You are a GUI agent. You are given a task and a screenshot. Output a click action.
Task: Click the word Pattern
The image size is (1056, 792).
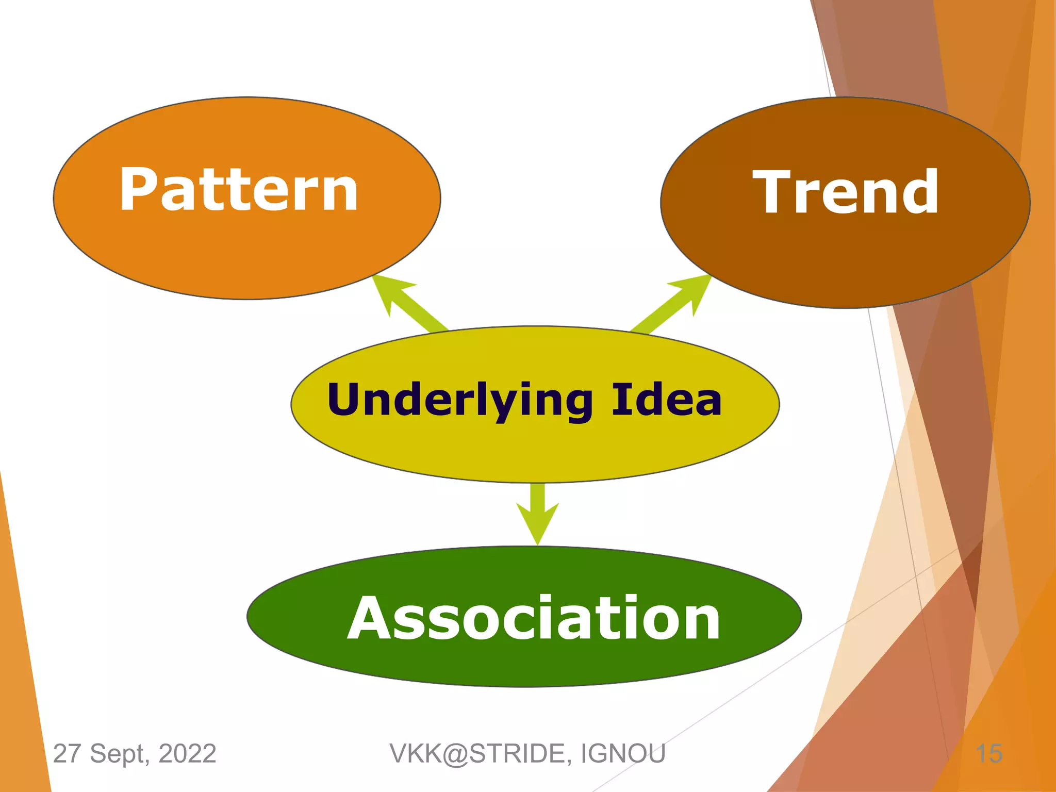pos(239,190)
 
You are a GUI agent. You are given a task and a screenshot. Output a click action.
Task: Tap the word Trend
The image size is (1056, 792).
pos(846,192)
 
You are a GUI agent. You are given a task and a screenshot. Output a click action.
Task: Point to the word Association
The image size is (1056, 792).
pos(534,618)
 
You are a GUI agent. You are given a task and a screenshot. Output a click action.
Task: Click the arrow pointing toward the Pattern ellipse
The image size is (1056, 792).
pos(407,302)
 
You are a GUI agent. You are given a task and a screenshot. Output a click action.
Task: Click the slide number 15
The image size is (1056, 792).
pos(989,754)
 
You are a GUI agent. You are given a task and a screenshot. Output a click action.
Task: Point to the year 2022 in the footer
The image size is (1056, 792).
pos(187,754)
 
